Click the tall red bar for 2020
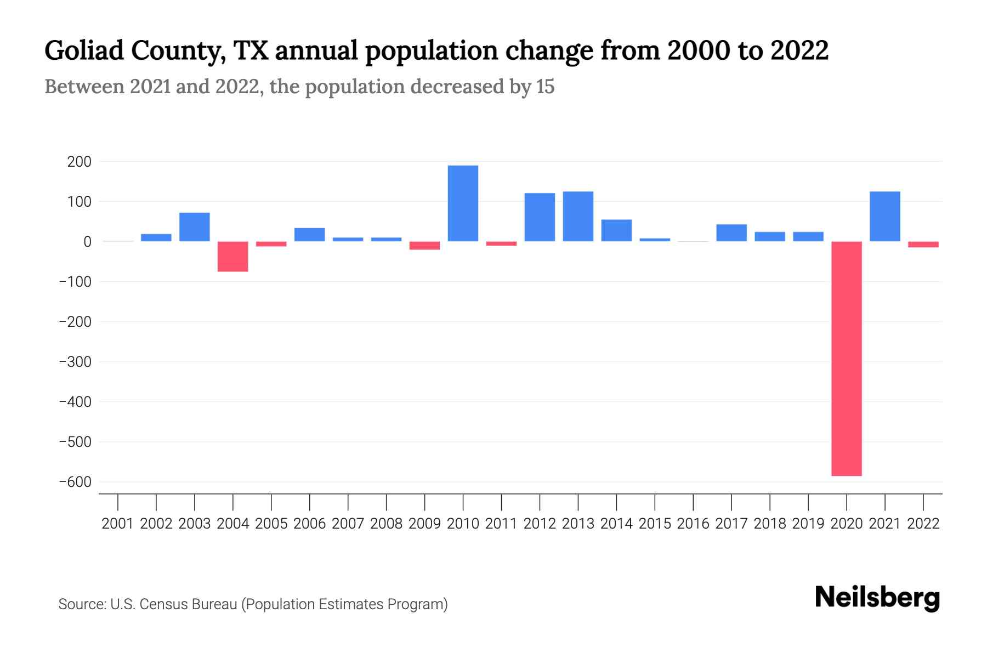click(847, 359)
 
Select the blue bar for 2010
click(463, 203)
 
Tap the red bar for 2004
click(233, 257)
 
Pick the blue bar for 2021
click(885, 217)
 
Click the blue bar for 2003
click(195, 227)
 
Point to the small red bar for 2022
click(923, 245)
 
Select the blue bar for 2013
click(578, 217)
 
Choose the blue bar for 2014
click(616, 230)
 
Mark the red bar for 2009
click(424, 246)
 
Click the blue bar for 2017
click(731, 233)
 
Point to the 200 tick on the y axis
click(80, 162)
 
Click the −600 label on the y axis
click(75, 482)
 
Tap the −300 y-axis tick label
click(75, 362)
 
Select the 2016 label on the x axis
click(693, 524)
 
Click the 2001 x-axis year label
click(118, 524)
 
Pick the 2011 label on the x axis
click(501, 524)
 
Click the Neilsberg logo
click(877, 598)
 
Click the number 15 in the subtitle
click(545, 87)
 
